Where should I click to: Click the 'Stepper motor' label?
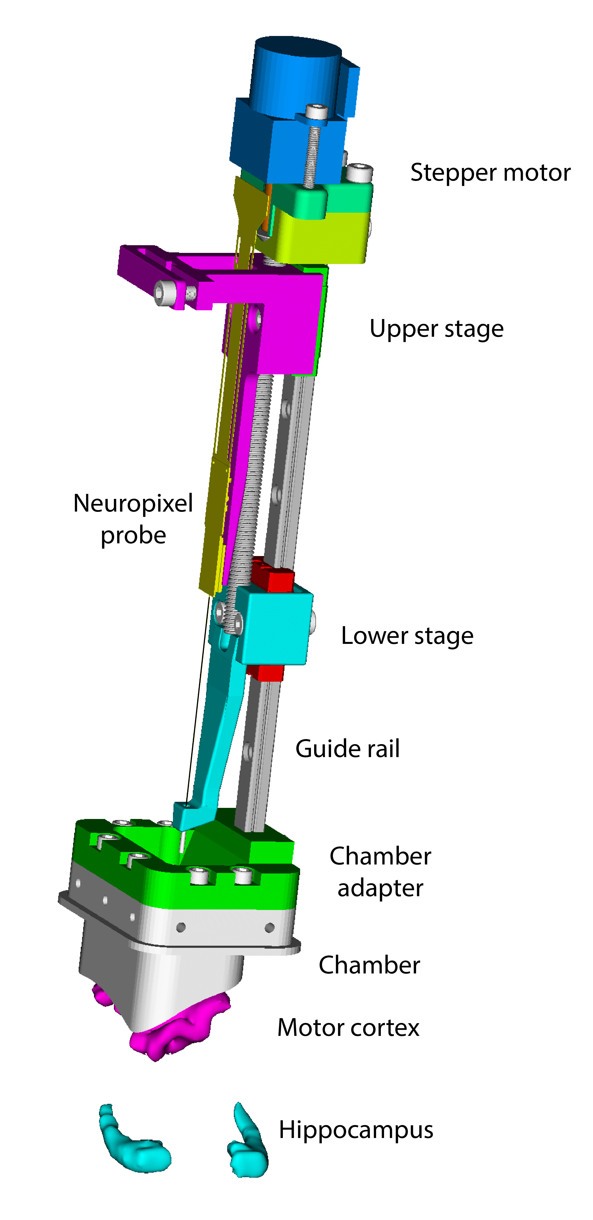click(x=490, y=173)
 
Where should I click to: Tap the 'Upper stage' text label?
click(x=436, y=329)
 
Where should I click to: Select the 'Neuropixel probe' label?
click(x=133, y=519)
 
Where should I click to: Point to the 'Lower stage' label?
click(x=407, y=636)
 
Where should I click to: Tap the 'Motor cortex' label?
click(x=348, y=1028)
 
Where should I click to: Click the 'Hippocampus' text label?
click(x=355, y=1130)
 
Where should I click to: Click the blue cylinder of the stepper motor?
click(x=296, y=76)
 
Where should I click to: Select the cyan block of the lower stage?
click(x=275, y=625)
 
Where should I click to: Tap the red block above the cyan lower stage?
click(x=273, y=578)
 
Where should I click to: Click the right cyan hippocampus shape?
click(x=249, y=1146)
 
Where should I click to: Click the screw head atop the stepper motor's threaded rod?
click(x=316, y=112)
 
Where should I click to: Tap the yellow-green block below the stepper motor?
click(x=322, y=237)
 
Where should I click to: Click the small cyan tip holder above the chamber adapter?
click(x=190, y=814)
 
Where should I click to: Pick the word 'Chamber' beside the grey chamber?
click(x=369, y=965)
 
